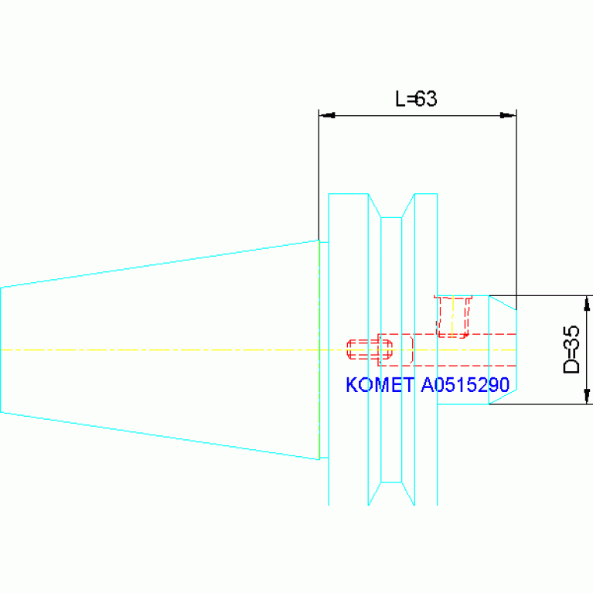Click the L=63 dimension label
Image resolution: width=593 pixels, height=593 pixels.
416,99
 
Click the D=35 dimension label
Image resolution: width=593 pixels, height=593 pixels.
571,349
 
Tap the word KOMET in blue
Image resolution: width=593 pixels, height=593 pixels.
380,384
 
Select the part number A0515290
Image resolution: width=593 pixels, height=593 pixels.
465,384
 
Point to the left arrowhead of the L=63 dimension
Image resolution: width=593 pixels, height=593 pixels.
327,115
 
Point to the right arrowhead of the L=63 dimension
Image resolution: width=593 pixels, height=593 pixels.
508,115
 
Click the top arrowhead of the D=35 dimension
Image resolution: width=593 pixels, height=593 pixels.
587,304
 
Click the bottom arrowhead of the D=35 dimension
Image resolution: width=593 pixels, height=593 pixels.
587,396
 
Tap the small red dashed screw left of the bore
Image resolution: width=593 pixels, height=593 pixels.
370,349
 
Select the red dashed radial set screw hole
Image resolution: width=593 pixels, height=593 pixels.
453,316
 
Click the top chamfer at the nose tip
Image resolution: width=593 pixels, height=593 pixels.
503,303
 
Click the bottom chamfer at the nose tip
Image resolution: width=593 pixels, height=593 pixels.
503,397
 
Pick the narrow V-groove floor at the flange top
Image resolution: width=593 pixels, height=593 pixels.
391,217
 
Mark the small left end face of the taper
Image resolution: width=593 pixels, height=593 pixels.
1,349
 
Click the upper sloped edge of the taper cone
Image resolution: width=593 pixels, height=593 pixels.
160,264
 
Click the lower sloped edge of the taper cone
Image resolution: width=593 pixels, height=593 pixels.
160,436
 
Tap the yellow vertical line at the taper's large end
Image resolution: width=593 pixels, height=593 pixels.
319,349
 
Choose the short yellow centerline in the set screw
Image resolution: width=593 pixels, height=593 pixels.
453,316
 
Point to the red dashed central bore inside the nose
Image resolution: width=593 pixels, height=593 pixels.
447,349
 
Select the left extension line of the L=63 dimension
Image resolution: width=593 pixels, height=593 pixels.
319,175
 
